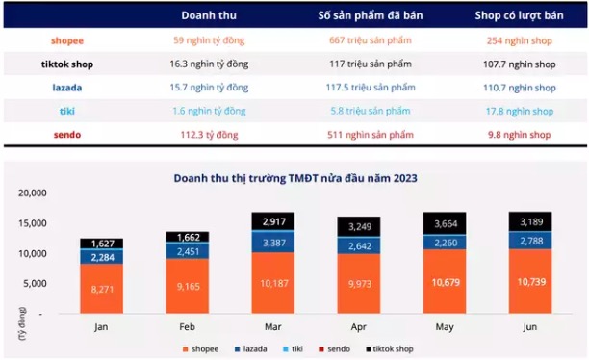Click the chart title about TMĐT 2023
click(294, 178)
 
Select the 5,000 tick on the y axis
click(33, 283)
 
